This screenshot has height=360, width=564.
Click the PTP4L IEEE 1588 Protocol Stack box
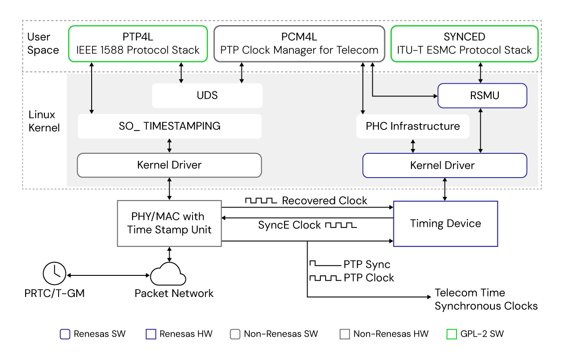coord(137,43)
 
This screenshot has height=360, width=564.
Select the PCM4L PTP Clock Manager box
coord(299,43)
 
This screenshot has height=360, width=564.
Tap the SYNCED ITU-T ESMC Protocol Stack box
coord(464,43)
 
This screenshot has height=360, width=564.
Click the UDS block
coord(207,96)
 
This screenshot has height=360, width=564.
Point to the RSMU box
coord(482,96)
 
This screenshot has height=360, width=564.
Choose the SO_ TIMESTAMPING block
coord(170,126)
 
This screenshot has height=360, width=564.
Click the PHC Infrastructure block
coord(412,126)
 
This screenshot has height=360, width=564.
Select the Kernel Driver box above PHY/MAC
coord(169,165)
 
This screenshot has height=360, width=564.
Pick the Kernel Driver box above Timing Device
coord(444,166)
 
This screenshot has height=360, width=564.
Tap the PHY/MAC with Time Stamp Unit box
coord(169,223)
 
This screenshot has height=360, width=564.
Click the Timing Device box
coord(445,223)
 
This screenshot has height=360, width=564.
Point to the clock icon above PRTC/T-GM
coord(54,273)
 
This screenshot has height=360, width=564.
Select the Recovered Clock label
coord(324,201)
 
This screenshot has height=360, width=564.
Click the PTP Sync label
coord(367,265)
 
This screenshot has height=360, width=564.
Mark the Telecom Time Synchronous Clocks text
coord(486,299)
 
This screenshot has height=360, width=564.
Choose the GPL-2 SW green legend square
coord(452,334)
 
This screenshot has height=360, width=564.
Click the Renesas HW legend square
coord(151,334)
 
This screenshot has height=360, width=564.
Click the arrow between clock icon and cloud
coord(108,275)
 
